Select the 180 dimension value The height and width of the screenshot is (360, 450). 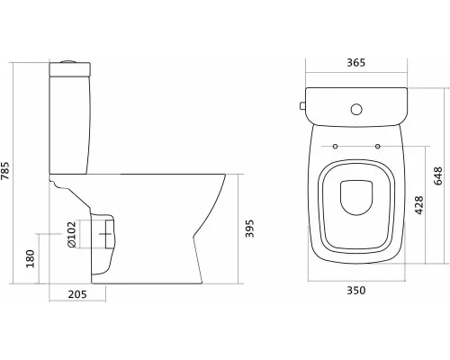coord(31,259)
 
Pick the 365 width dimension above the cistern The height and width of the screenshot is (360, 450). coord(355,63)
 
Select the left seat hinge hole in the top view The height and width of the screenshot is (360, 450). coord(335,146)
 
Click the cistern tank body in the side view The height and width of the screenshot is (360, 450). coord(67,121)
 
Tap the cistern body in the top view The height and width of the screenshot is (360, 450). coord(355,106)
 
